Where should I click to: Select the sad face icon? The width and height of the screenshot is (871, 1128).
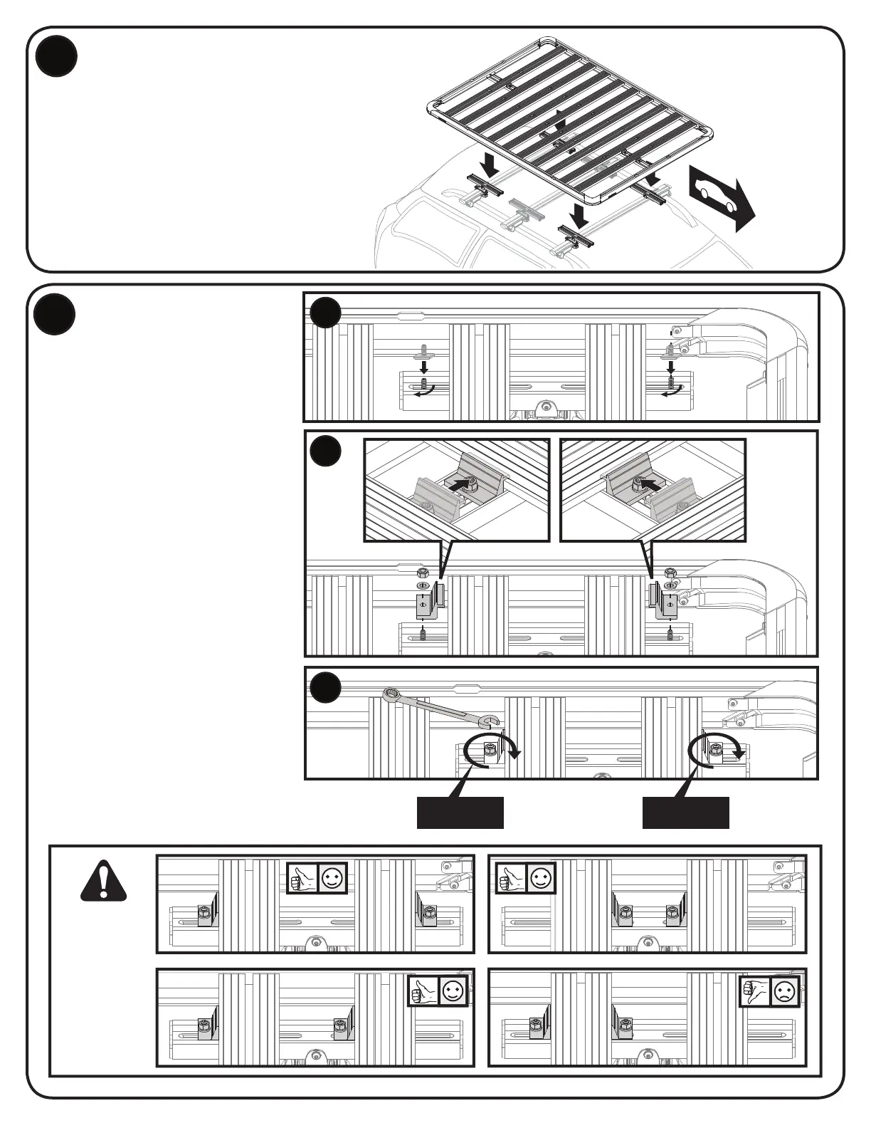coord(783,991)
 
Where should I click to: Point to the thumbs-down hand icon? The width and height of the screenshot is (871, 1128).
coord(754,991)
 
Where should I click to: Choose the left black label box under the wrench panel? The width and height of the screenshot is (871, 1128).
coord(460,813)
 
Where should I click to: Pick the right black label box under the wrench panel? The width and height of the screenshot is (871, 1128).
coord(685,813)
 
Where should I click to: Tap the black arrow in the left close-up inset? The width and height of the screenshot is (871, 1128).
coord(463,484)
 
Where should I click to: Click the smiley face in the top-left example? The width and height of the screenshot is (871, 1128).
coord(332,877)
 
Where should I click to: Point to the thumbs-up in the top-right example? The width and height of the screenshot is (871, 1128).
coord(510,877)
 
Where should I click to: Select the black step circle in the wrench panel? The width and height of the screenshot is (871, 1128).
coord(325,686)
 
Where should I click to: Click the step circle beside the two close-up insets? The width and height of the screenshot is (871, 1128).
coord(325,451)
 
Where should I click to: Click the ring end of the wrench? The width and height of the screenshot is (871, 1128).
coord(391,693)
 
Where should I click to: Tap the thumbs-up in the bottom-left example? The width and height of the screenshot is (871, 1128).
coord(423,991)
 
